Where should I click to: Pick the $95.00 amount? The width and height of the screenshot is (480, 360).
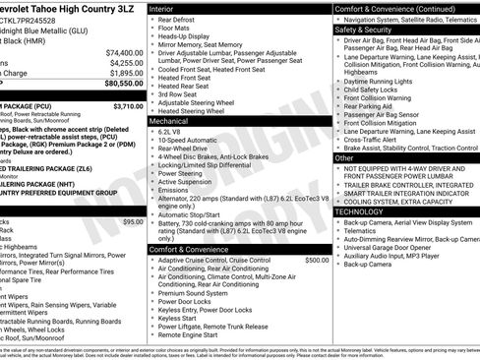pos(133,222)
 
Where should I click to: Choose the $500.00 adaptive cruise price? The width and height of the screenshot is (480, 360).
pos(317,260)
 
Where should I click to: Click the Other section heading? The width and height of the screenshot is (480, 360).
pos(344,157)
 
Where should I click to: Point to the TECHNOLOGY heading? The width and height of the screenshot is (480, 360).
pos(359,211)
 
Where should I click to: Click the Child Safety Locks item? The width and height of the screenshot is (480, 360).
pos(373,89)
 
